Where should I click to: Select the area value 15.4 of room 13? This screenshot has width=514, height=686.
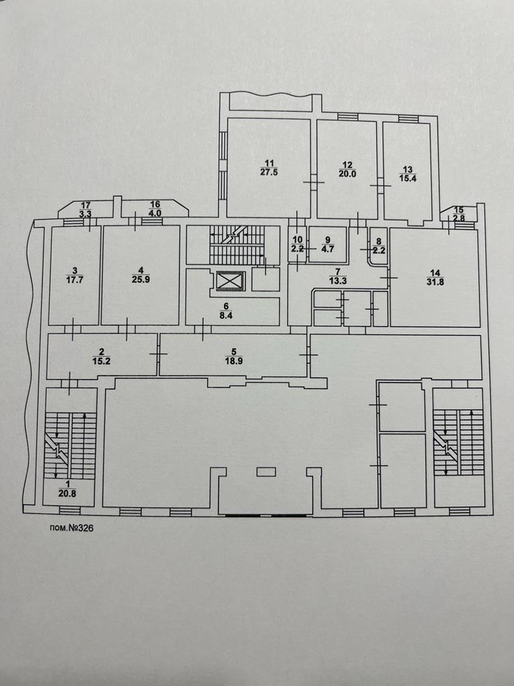click(408, 178)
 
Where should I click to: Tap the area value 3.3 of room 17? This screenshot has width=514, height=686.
click(86, 214)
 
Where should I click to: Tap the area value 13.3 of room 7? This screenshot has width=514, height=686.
click(337, 280)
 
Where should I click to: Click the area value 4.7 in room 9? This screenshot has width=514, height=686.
click(327, 249)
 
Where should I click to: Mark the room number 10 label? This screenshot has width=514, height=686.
click(298, 239)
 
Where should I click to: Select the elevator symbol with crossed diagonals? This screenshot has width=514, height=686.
click(227, 280)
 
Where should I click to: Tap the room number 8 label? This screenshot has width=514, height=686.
click(377, 241)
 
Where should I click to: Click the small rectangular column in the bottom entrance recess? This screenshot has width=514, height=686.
click(266, 472)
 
